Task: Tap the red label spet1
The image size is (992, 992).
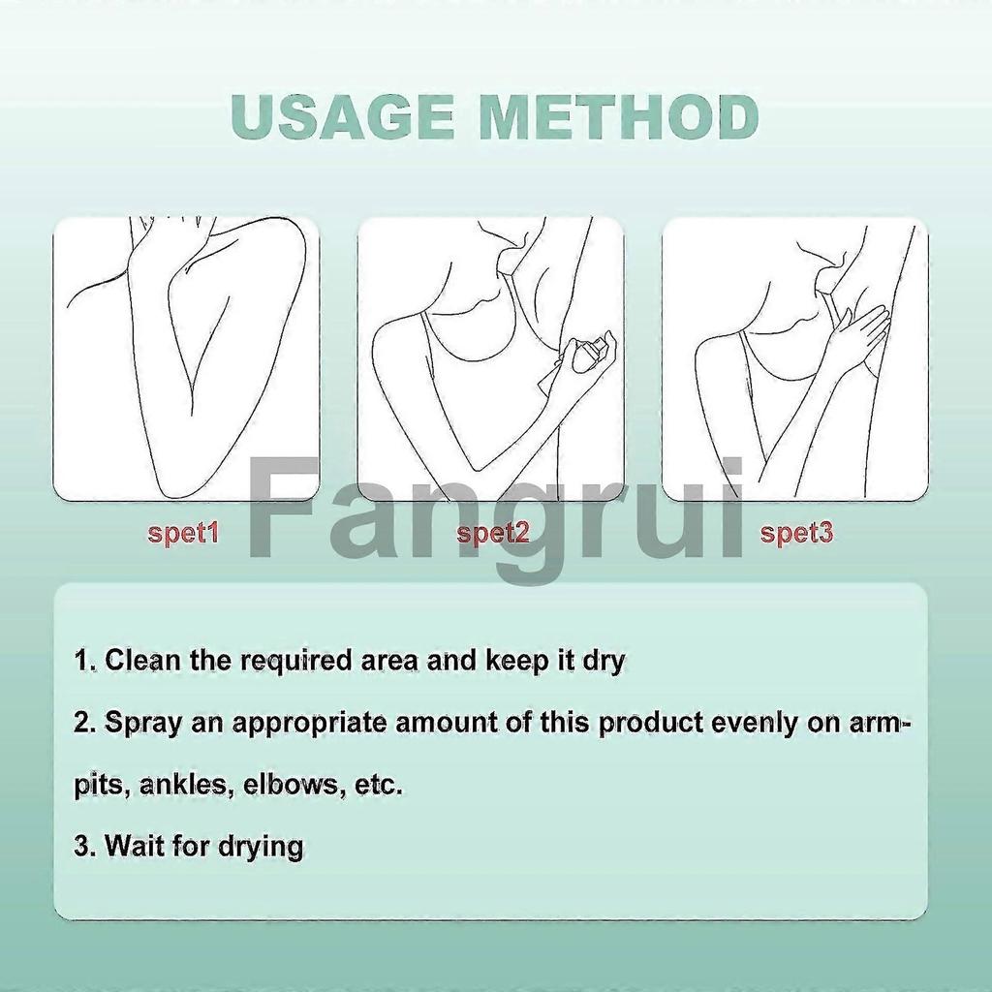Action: point(184,533)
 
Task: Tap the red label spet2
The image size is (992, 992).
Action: point(493,533)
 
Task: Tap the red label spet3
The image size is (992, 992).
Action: point(796,533)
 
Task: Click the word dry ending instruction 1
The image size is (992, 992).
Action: point(604,661)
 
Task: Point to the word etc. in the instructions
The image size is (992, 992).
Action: point(379,785)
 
